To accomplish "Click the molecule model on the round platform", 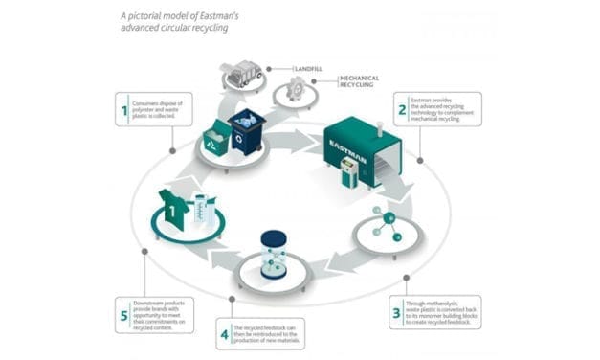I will point(386,223).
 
